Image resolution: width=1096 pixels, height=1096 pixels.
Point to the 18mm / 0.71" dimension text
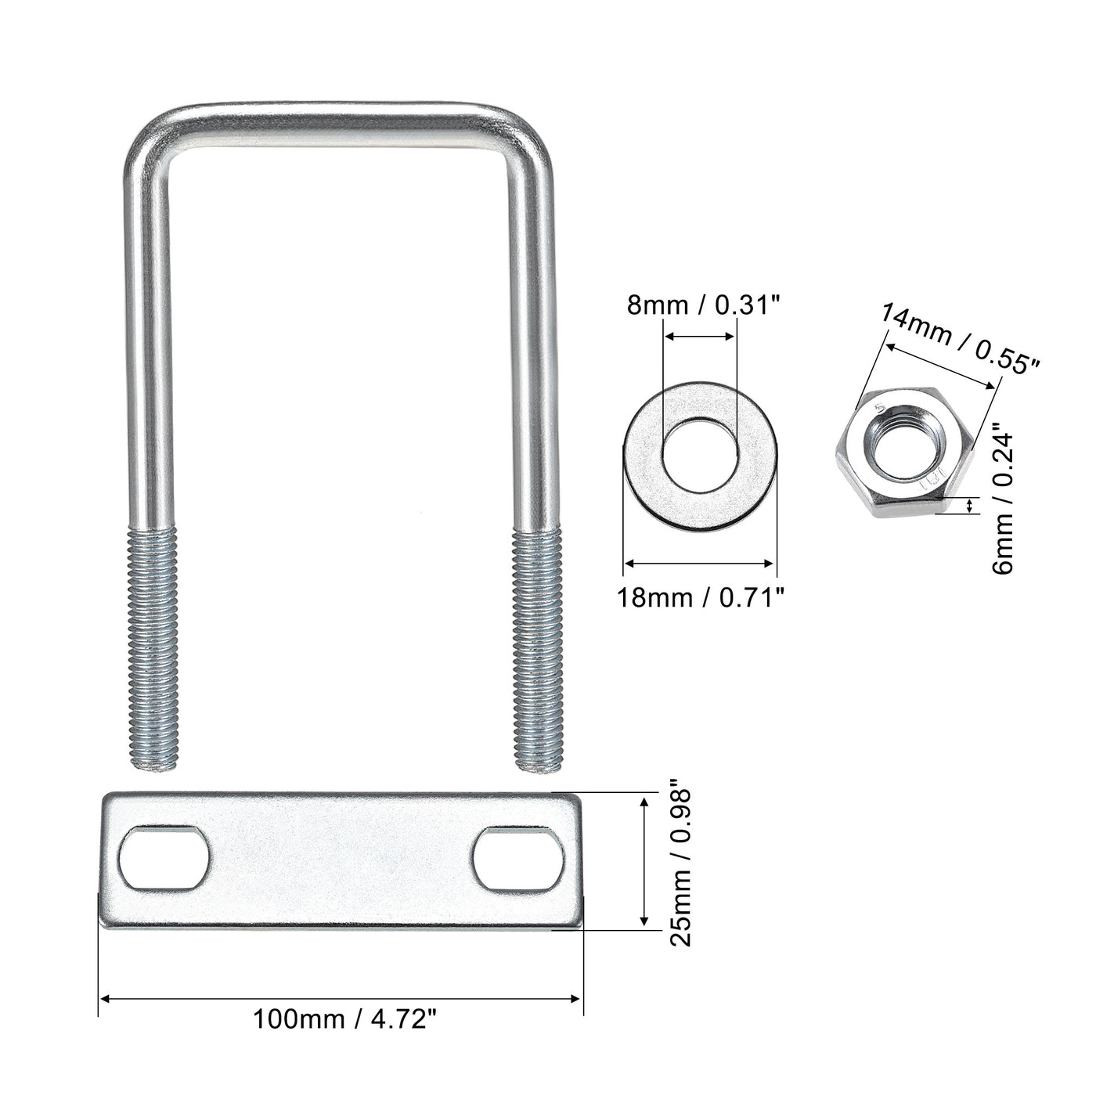point(700,598)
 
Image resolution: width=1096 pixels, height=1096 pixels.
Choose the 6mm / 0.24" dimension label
point(1003,500)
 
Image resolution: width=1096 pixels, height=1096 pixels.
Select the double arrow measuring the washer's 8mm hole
point(699,337)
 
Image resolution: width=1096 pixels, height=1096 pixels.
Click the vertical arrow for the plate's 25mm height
point(644,861)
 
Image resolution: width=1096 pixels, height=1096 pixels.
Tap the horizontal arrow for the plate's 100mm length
point(341,998)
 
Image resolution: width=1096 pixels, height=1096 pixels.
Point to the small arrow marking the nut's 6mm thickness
point(971,506)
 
